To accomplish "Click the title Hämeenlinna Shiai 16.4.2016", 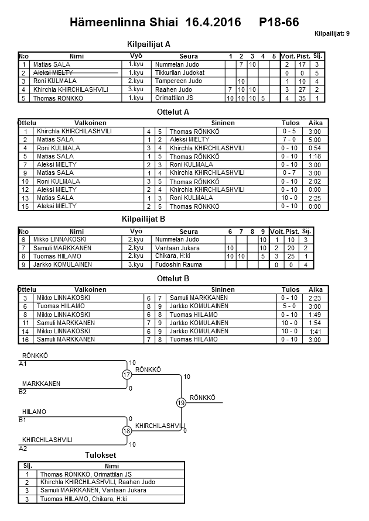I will tap(155, 23).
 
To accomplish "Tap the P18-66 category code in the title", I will tap(279, 23).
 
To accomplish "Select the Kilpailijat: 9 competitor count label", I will tap(332, 34).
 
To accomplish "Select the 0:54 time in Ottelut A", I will tap(315, 149).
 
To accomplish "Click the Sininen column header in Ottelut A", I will tap(220, 123).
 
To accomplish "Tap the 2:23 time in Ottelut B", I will tap(315, 298).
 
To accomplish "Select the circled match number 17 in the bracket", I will tap(127, 375).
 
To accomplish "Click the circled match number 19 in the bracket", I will tap(181, 402).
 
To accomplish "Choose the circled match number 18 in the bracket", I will tap(127, 431).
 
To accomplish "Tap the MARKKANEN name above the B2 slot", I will tap(41, 384).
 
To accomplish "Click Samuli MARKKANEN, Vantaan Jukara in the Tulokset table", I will tap(93, 490).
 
